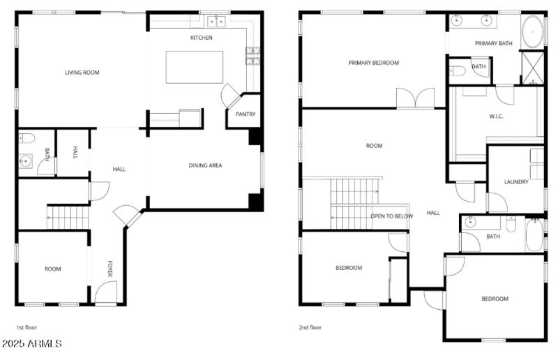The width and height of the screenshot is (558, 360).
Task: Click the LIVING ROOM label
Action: click(82, 73)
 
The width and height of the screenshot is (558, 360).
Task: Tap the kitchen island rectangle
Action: click(194, 67)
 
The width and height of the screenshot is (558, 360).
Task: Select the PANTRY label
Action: click(246, 114)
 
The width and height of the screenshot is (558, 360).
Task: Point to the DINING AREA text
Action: click(205, 165)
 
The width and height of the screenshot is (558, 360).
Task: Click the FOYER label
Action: click(110, 269)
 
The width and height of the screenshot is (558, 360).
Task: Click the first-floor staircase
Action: click(68, 217)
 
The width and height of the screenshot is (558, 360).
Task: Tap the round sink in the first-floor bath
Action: click(27, 162)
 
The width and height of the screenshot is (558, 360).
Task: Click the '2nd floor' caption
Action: click(311, 327)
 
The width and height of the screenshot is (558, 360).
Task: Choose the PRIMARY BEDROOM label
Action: click(374, 63)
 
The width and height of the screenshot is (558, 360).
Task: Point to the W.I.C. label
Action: click(496, 117)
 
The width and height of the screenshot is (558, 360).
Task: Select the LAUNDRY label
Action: click(516, 182)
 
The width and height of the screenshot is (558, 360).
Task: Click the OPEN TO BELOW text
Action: click(391, 216)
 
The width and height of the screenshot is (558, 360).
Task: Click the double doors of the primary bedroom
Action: click(415, 98)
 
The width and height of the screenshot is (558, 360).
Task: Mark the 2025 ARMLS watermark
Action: click(32, 344)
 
